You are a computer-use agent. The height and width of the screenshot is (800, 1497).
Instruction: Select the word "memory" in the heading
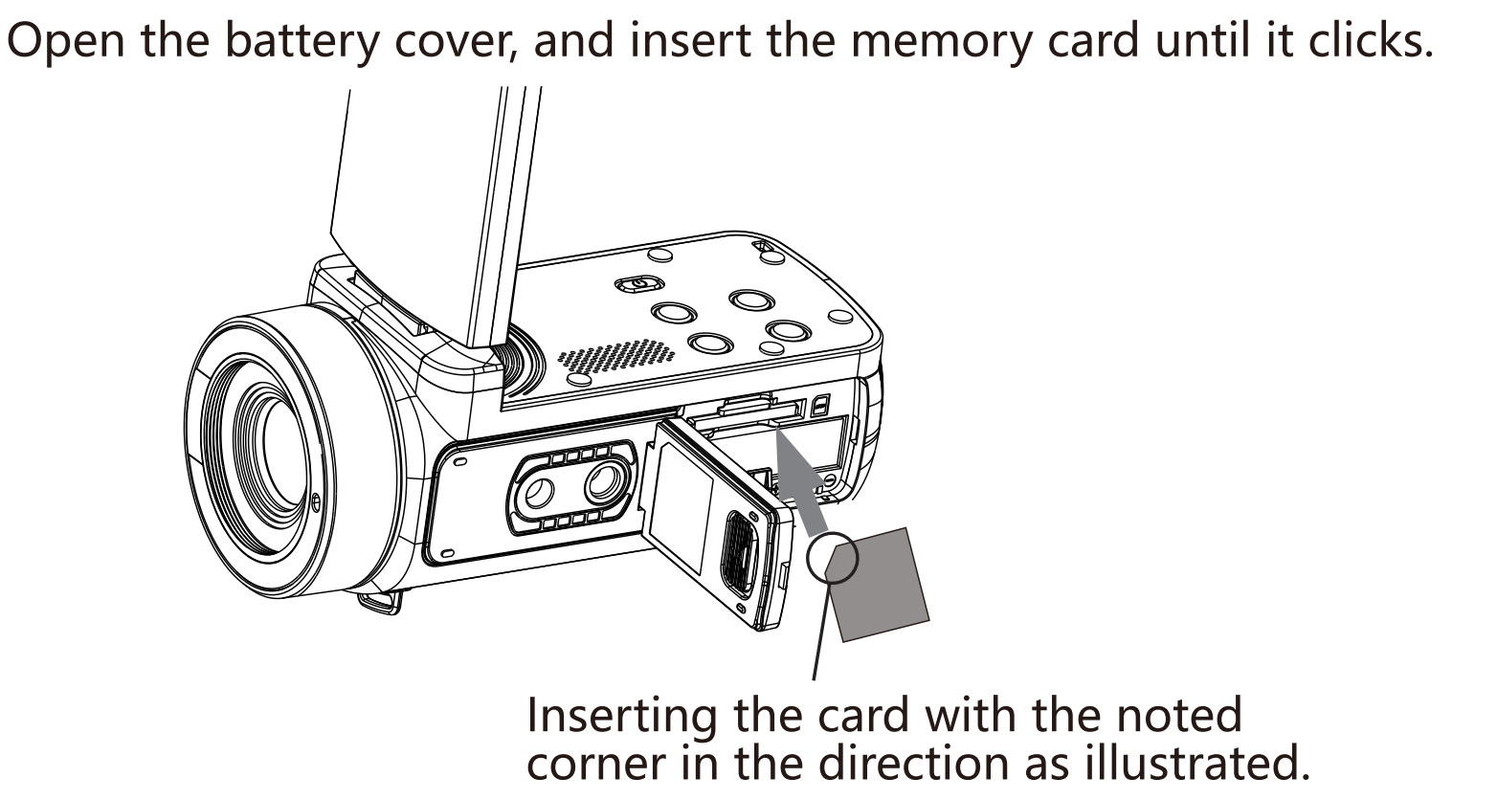pyautogui.click(x=942, y=40)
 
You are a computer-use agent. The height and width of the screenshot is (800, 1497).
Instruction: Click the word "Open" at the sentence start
pyautogui.click(x=65, y=40)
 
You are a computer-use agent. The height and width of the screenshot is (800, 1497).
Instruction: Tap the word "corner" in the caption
pyautogui.click(x=599, y=766)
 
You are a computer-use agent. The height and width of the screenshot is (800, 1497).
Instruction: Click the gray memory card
pyautogui.click(x=877, y=585)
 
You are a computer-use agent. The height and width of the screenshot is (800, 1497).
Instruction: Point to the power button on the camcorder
pyautogui.click(x=638, y=284)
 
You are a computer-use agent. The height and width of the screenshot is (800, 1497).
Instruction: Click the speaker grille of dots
pyautogui.click(x=615, y=356)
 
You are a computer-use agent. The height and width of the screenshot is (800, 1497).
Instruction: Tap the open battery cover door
pyautogui.click(x=719, y=523)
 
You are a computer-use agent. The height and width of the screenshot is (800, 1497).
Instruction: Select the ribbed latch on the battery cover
pyautogui.click(x=739, y=555)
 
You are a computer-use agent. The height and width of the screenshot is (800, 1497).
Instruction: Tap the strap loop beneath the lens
pyautogui.click(x=382, y=602)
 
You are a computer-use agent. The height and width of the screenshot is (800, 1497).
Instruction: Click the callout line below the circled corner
pyautogui.click(x=822, y=631)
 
